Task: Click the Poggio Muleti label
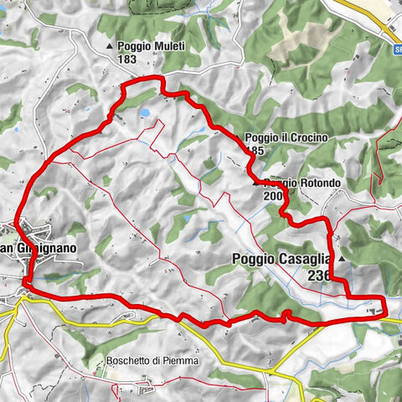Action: click(x=146, y=47)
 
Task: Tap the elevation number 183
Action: click(x=128, y=59)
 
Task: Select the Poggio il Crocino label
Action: click(x=281, y=138)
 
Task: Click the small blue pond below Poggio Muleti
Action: click(x=146, y=111)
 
